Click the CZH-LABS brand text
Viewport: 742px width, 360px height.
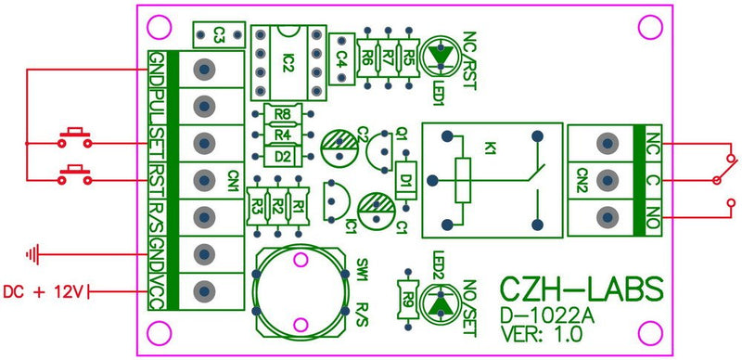582,289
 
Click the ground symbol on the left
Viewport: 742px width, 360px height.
35,251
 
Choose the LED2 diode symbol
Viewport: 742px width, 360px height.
441,302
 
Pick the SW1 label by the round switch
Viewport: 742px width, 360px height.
362,272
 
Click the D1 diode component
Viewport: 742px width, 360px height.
405,177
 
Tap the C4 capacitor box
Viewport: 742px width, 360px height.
341,57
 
